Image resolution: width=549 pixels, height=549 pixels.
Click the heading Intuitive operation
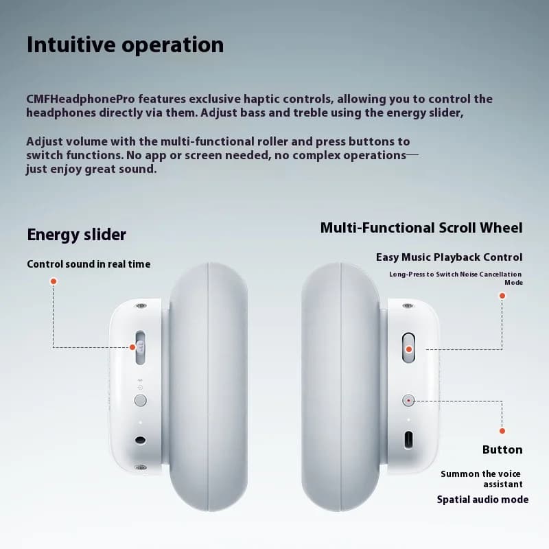click(x=125, y=45)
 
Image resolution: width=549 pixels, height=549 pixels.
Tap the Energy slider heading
click(x=76, y=235)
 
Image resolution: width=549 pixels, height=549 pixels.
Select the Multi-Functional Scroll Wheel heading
click(x=421, y=228)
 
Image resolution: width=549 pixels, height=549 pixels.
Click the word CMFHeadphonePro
click(x=80, y=99)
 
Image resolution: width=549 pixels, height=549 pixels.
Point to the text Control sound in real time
click(x=89, y=264)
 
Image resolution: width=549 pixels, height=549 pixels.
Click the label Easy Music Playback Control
click(x=449, y=257)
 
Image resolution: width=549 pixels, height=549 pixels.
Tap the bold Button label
click(x=502, y=449)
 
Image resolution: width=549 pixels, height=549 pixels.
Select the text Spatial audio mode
click(x=483, y=500)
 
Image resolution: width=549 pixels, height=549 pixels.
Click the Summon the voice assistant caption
click(x=482, y=479)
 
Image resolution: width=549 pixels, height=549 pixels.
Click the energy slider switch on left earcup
click(x=141, y=347)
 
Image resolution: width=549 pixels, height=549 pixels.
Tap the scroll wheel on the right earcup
click(x=408, y=348)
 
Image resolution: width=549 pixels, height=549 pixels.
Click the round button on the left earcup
click(x=141, y=400)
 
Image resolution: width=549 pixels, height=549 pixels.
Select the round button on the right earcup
click(x=408, y=400)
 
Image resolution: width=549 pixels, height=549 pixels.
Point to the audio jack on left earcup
click(x=141, y=440)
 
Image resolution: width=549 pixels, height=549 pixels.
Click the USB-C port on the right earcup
click(x=408, y=440)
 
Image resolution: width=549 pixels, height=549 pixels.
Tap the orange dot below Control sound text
click(x=54, y=281)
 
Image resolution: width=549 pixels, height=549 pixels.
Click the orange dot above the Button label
click(x=502, y=431)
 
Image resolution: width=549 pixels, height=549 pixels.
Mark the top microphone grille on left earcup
click(x=141, y=305)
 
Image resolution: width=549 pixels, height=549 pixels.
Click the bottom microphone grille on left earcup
click(x=141, y=467)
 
